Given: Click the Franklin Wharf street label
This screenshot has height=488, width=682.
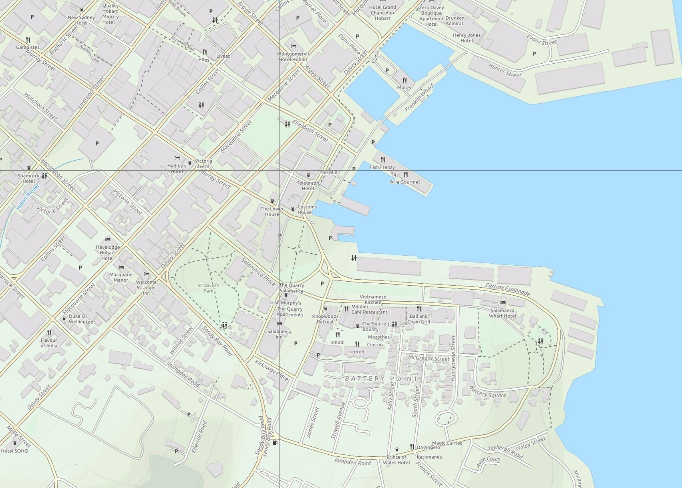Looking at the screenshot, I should pos(419,97).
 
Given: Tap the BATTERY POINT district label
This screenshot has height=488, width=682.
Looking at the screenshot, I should pos(381,379).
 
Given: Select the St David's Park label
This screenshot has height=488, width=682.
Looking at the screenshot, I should pos(208,288).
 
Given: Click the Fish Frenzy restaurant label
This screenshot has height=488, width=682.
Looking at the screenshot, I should pos(382,167).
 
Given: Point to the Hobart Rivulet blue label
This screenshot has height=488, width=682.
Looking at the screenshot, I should pos(28,197).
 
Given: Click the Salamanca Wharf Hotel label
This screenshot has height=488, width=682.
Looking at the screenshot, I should pos(502,313).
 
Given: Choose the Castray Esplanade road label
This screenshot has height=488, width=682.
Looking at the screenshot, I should pos(507,289).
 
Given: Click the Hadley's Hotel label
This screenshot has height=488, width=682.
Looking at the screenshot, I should pos(177,168).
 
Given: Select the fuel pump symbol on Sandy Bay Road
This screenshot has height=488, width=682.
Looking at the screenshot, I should pos(275,442).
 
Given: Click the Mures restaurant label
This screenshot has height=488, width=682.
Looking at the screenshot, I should pos(404,87).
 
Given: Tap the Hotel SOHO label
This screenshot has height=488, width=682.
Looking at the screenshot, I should pos(14,451).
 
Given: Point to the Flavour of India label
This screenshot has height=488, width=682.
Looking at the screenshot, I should pos(49,343).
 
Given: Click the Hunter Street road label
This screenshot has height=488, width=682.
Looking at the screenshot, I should pos(505,71).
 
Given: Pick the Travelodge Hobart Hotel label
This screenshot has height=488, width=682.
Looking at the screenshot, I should pos(107,252).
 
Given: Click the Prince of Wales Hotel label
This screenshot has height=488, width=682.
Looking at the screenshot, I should pos(396,460).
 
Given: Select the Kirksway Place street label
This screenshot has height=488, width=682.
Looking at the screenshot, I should pos(272,370).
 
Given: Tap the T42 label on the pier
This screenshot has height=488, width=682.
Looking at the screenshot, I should pos(394,175).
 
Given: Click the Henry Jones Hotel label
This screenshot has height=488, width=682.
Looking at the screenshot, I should pos(467,38).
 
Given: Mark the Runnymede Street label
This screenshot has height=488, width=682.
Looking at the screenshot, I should pos(453,358).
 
